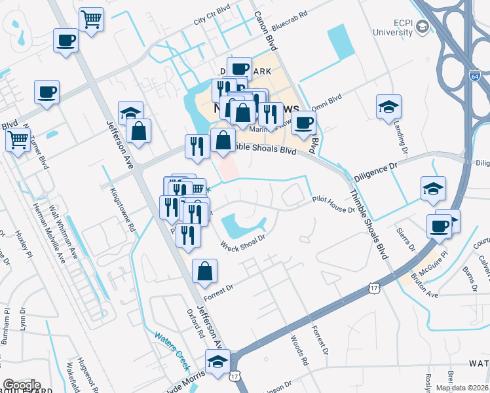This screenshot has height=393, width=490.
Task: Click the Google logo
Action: (x=21, y=385)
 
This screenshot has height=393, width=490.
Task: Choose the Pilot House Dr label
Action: (x=333, y=204)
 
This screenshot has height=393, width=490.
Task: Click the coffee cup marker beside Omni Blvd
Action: (x=303, y=122)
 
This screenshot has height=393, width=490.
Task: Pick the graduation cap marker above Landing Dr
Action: (x=388, y=106)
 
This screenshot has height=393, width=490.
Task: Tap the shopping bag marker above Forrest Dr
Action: (x=205, y=271)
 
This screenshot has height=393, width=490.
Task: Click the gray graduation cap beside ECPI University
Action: (x=422, y=27)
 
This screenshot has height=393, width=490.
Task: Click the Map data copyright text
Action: (x=462, y=388)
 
